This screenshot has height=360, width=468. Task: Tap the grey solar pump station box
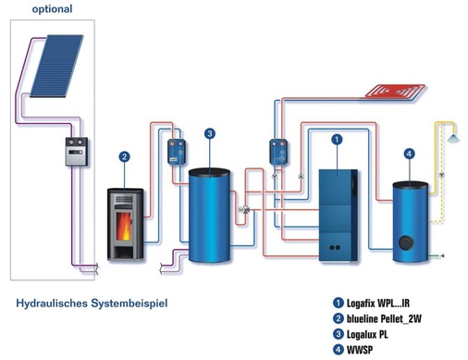point(77,151)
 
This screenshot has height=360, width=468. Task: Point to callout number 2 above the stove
point(124,157)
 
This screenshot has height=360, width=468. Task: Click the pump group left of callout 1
point(277,149)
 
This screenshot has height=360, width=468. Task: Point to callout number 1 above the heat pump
point(337,139)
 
